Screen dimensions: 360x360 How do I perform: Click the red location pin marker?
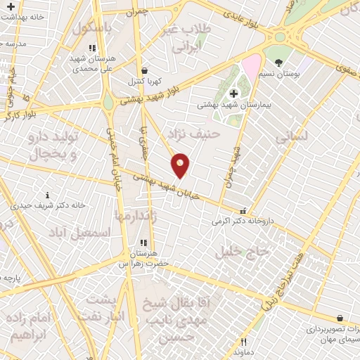(181, 165)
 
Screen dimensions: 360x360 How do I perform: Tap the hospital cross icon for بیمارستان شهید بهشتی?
(233, 94)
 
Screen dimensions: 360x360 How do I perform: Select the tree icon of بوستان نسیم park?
(279, 63)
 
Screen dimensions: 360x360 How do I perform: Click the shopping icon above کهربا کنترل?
(144, 70)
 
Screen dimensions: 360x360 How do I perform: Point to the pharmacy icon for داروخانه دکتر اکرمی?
(243, 210)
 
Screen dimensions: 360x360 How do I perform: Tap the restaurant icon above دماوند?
(243, 342)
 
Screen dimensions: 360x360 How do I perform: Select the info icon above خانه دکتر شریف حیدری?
(47, 195)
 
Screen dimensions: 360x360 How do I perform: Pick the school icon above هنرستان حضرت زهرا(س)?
(143, 243)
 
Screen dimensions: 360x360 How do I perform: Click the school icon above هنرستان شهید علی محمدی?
(91, 48)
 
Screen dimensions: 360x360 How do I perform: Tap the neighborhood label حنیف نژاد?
(195, 133)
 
